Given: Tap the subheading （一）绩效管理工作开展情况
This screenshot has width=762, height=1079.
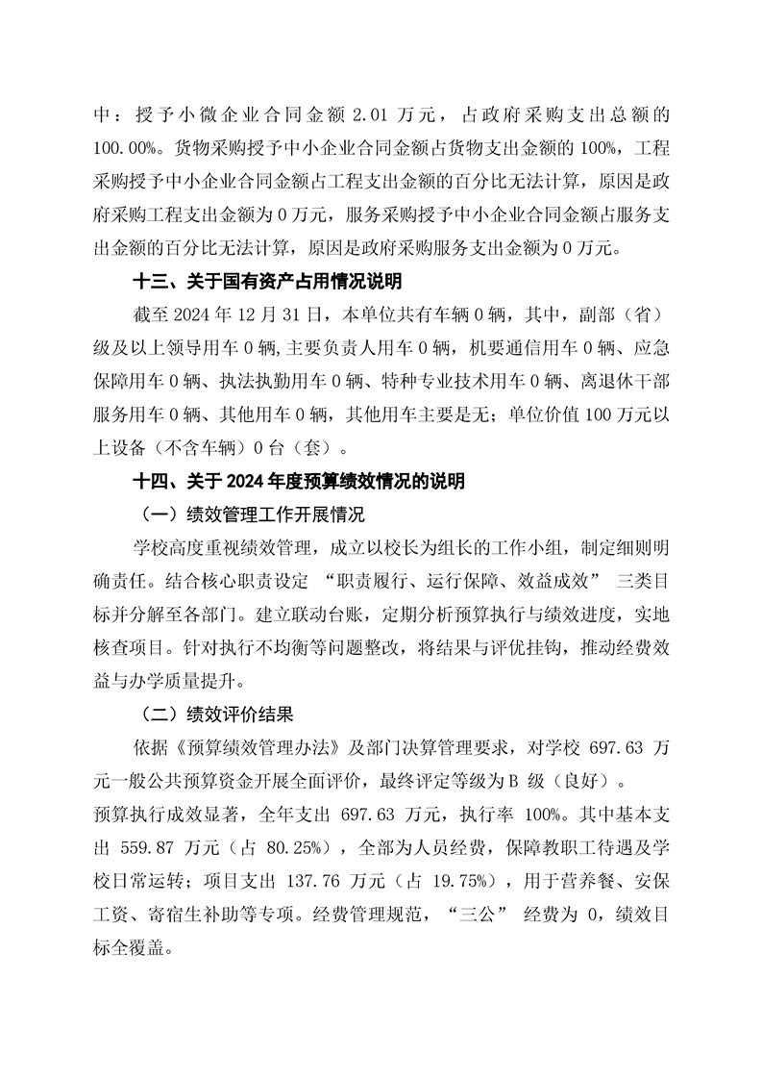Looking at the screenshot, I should coord(253,514).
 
